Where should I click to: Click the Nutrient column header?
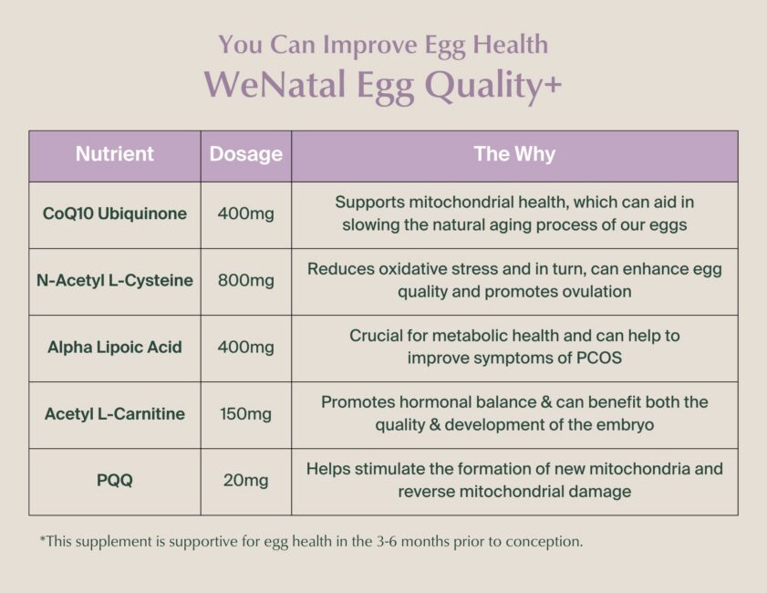coord(115,154)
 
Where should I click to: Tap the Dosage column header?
coord(246,154)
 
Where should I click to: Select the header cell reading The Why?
coord(514,154)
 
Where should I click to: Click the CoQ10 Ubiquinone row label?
coord(115,213)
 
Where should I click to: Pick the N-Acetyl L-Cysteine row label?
coord(115,280)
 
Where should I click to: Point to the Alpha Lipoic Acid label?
coord(115,347)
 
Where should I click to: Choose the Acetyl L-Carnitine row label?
coord(115,413)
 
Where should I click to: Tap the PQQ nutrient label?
coord(115,480)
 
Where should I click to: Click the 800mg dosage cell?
coord(246,280)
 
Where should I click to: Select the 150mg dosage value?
coord(246,413)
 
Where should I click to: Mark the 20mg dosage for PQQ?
coord(246,480)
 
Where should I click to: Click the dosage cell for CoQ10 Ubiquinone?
coord(246,213)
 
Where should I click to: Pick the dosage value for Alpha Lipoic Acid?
coord(246,347)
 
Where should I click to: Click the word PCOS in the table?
coord(596,358)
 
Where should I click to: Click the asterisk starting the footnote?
coord(42,539)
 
